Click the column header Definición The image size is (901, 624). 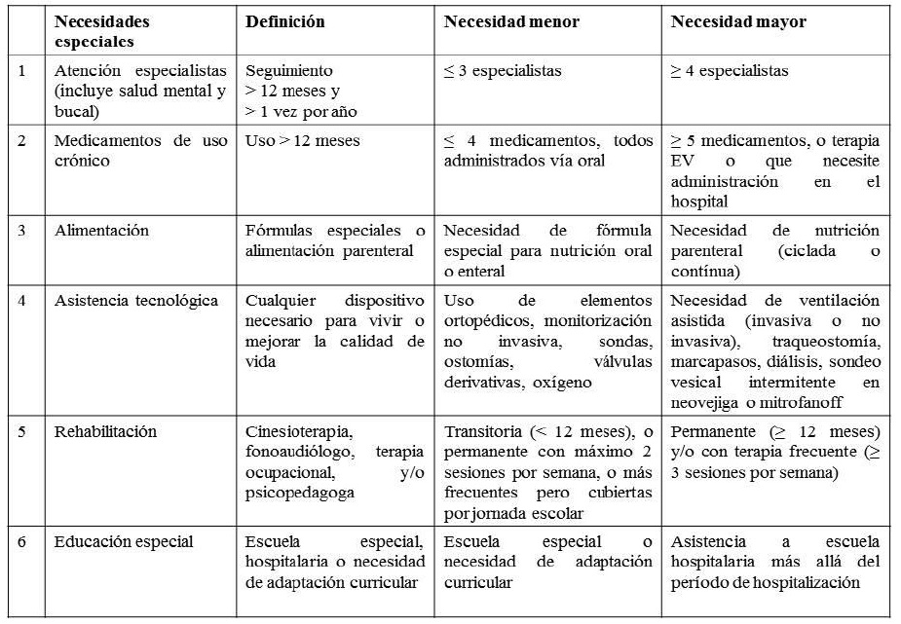pyautogui.click(x=285, y=21)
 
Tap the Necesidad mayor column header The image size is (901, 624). pyautogui.click(x=738, y=21)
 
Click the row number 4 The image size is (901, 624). pyautogui.click(x=23, y=301)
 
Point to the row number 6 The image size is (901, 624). pyautogui.click(x=23, y=541)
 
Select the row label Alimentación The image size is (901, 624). pyautogui.click(x=102, y=231)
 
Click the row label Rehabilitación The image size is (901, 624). pyautogui.click(x=106, y=431)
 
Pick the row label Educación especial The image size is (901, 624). pyautogui.click(x=124, y=541)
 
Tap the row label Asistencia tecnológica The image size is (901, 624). pyautogui.click(x=131, y=301)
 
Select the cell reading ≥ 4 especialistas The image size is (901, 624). pyautogui.click(x=730, y=71)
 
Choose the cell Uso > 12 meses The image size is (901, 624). pyautogui.click(x=303, y=141)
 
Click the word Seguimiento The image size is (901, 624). pyautogui.click(x=289, y=71)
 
